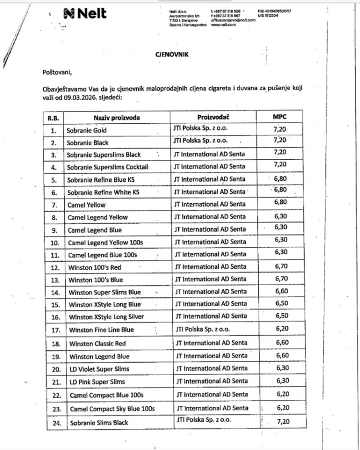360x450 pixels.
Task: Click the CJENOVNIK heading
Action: tap(171, 55)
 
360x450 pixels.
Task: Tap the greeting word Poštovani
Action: tap(57, 72)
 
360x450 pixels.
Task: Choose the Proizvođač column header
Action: tap(216, 117)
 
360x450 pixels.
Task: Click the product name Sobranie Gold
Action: tap(86, 130)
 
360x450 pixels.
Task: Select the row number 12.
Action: tap(54, 267)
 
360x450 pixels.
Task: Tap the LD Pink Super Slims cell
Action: tap(97, 382)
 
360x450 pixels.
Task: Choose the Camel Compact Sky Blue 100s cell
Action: tap(112, 409)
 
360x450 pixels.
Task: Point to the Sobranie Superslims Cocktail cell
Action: tap(108, 167)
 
